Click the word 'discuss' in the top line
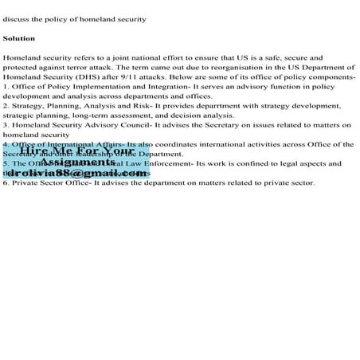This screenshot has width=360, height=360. point(15,19)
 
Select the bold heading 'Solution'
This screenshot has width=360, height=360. point(18,38)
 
